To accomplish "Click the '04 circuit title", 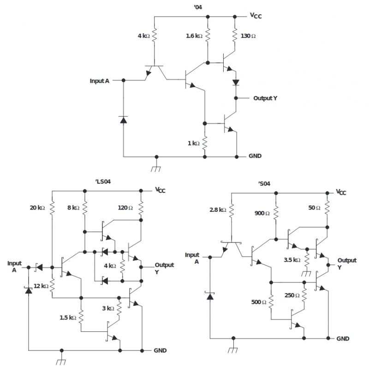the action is point(198,7).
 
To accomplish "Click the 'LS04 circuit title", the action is point(103,181).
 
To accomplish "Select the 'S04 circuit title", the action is point(264,184).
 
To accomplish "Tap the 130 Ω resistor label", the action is point(248,36).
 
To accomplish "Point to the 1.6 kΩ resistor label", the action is point(194,36).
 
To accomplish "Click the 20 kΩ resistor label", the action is point(37,208).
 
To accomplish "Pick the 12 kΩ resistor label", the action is point(41,286).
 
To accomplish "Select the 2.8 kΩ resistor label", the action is point(218,210).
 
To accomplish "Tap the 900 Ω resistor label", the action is point(262,213).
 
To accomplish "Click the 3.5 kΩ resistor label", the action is point(292,260).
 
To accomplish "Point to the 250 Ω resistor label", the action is point(292,295).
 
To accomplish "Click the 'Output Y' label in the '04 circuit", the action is point(265,98).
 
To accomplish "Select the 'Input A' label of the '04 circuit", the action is point(100,81).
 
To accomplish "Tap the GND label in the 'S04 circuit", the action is point(343,339).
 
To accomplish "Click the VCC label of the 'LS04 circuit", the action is point(160,190).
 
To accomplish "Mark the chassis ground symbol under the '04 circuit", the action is point(156,167).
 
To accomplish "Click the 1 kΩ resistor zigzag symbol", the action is point(205,143).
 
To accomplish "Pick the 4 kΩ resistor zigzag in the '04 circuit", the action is point(155,36).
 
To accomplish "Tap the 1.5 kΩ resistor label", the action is point(68,318).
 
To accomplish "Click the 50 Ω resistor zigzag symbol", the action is point(327,208).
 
